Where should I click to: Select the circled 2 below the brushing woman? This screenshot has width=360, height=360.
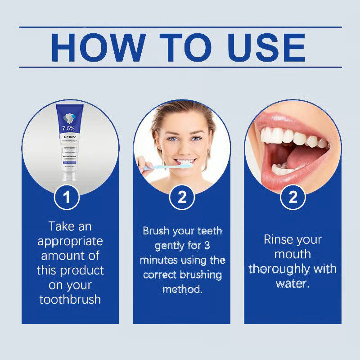click(182, 198)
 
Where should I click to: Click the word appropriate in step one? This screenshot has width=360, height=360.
click(70, 241)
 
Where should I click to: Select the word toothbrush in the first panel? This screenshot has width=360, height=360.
click(70, 299)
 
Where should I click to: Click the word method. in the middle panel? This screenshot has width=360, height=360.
click(182, 289)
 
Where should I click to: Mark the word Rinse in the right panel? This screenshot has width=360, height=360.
click(279, 239)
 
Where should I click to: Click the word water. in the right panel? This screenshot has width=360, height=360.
click(292, 284)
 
